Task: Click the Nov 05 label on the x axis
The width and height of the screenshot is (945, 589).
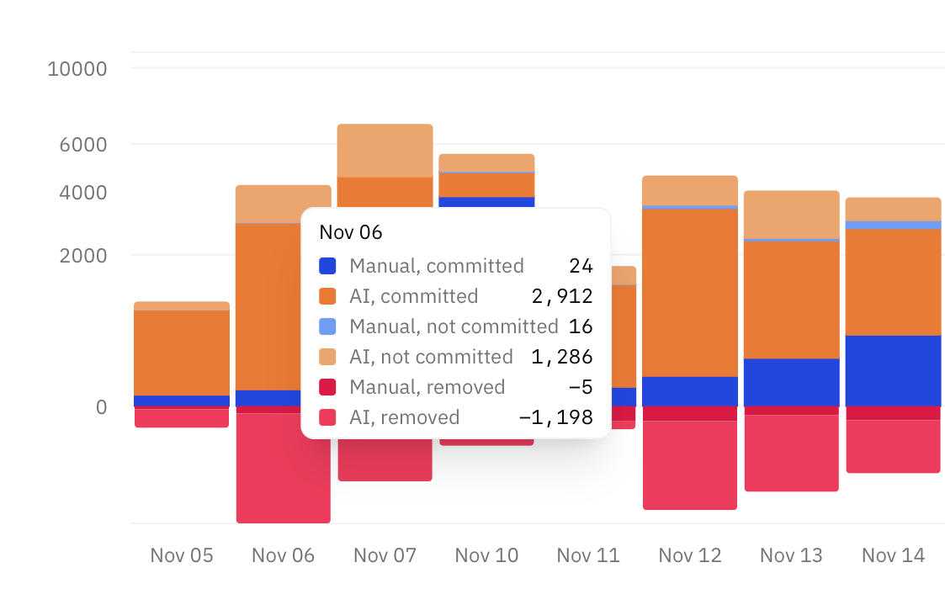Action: tap(182, 555)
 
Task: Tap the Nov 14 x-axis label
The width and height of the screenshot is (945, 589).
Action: tap(893, 555)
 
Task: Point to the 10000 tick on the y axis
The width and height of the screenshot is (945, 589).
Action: tap(77, 68)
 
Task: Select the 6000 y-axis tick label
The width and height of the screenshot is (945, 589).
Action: tap(82, 145)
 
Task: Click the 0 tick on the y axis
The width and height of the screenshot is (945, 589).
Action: tap(101, 407)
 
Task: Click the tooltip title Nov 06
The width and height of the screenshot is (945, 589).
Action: tap(351, 232)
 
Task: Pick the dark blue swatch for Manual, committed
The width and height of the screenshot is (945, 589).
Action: tap(327, 266)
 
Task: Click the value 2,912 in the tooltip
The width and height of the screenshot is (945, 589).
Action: tap(562, 296)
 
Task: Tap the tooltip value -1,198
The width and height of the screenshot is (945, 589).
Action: tap(555, 417)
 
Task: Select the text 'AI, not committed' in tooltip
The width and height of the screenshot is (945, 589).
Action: tap(431, 357)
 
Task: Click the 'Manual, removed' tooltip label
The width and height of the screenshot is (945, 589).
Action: tap(427, 387)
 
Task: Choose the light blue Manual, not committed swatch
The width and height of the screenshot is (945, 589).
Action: tap(327, 326)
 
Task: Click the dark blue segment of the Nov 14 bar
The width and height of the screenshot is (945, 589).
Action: tap(893, 370)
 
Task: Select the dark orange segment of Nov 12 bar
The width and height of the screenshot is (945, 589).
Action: tap(690, 292)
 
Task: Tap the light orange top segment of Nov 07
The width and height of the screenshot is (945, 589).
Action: tap(385, 151)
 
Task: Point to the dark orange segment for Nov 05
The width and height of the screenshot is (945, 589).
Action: tap(182, 353)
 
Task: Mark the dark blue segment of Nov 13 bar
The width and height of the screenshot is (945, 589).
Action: tap(792, 382)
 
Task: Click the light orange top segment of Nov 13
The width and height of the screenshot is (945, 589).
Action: tap(792, 215)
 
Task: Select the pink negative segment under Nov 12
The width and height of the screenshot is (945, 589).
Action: tap(690, 464)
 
